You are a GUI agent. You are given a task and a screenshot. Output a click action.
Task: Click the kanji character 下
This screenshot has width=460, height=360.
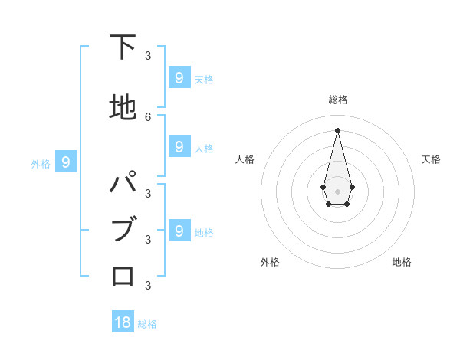pyautogui.click(x=123, y=47)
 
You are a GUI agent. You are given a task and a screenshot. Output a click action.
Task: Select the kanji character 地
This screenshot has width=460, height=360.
pyautogui.click(x=123, y=108)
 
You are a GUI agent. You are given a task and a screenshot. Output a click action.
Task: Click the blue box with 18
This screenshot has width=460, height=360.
pyautogui.click(x=123, y=322)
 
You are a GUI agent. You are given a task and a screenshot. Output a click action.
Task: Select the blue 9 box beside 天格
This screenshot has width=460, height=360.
pyautogui.click(x=179, y=77)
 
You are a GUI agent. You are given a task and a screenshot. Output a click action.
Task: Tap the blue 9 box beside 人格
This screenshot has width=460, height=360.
pyautogui.click(x=179, y=146)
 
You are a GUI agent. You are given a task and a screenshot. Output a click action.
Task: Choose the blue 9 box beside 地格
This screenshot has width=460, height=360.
pyautogui.click(x=179, y=231)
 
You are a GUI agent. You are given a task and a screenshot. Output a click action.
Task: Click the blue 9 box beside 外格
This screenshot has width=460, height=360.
pyautogui.click(x=67, y=162)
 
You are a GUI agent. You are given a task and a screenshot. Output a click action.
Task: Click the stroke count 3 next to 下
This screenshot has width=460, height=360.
pyautogui.click(x=148, y=55)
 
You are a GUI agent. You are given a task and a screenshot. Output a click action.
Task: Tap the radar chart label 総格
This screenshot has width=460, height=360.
pyautogui.click(x=337, y=100)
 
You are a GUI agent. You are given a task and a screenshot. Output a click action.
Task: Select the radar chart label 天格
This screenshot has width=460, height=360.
pyautogui.click(x=431, y=159)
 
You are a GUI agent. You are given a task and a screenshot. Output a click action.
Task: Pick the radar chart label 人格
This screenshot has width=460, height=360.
pyautogui.click(x=245, y=159)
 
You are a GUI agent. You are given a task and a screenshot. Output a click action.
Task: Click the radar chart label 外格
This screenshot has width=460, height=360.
pyautogui.click(x=270, y=262)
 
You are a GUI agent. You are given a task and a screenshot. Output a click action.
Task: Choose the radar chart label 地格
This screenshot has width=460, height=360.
pyautogui.click(x=402, y=262)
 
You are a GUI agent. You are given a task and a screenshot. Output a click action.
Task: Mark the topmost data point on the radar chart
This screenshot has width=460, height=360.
pyautogui.click(x=337, y=129)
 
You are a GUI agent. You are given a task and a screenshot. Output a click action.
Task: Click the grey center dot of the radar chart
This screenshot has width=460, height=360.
pyautogui.click(x=337, y=191)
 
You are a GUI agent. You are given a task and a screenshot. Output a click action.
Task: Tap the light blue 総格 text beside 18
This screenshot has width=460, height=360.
pyautogui.click(x=147, y=324)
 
